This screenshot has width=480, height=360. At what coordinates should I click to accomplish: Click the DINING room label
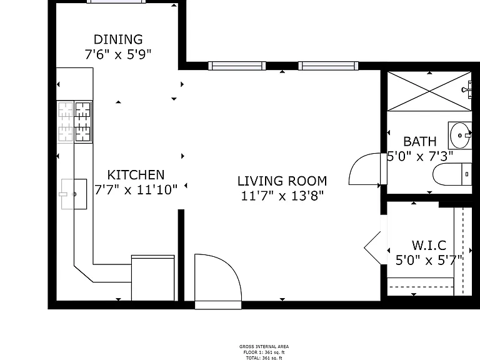tap(118, 39)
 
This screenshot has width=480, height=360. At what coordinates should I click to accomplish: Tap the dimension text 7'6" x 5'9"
tap(118, 54)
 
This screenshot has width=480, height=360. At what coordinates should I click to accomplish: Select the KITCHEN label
tap(136, 175)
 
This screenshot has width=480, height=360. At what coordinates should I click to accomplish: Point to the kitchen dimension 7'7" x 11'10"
tap(136, 190)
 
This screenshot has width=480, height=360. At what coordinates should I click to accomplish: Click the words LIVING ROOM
tap(282, 181)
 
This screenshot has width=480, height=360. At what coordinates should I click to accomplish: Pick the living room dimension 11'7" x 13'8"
tap(282, 196)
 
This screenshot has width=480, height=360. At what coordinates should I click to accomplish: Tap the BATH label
tap(420, 141)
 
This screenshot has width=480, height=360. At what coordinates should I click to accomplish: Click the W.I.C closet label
tap(429, 245)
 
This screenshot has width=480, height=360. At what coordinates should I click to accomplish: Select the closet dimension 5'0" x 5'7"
tap(429, 261)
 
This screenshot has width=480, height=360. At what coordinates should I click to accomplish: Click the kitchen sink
tap(74, 194)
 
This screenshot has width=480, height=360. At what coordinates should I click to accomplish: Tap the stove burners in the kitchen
tap(75, 122)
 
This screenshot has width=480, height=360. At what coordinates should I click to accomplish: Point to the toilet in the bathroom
tap(452, 174)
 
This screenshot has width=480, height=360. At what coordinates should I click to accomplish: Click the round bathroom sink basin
tap(460, 135)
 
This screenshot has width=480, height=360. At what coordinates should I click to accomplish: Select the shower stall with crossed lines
tap(429, 91)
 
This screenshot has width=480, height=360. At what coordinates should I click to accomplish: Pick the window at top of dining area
tap(116, 1)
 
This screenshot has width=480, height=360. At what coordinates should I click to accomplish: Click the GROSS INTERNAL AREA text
tap(264, 346)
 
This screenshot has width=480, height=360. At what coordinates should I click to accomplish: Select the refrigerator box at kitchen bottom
tap(152, 278)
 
